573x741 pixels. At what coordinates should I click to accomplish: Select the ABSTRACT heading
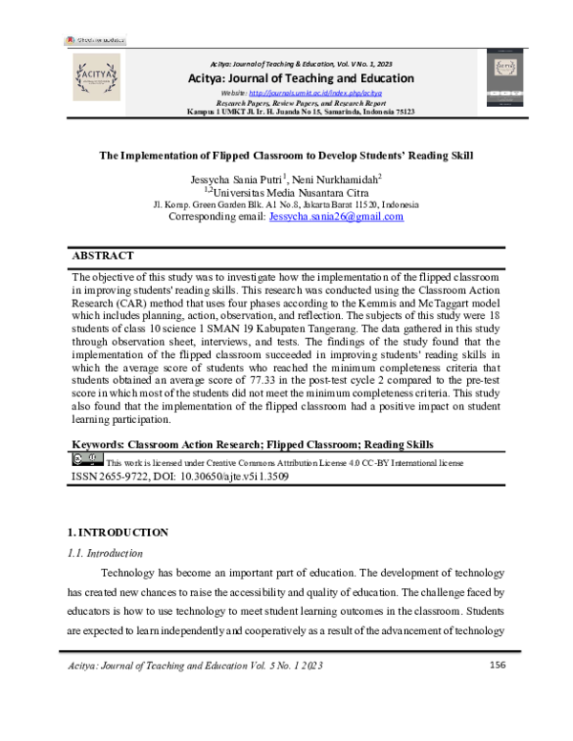click(x=103, y=256)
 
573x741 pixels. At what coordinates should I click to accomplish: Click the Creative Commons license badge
click(x=88, y=458)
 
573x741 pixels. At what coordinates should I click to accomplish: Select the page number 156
click(x=497, y=665)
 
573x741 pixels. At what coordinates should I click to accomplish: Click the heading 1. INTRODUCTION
click(x=120, y=532)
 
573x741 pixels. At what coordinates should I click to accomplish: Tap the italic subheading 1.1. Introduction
click(x=106, y=553)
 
